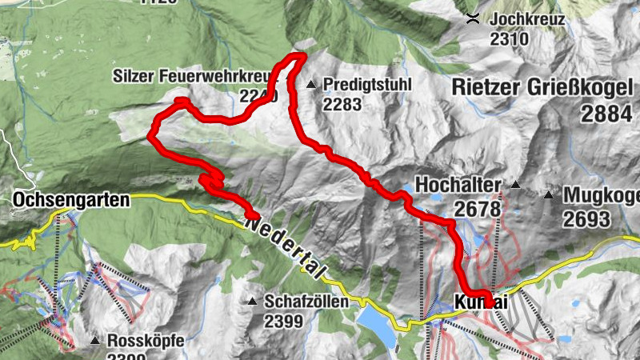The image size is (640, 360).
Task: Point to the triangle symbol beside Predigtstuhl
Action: point(311,84)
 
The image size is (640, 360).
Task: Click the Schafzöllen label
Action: point(306,302)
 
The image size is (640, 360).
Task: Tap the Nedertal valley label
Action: point(284,248)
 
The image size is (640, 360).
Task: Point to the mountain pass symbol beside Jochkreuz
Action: point(474,18)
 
